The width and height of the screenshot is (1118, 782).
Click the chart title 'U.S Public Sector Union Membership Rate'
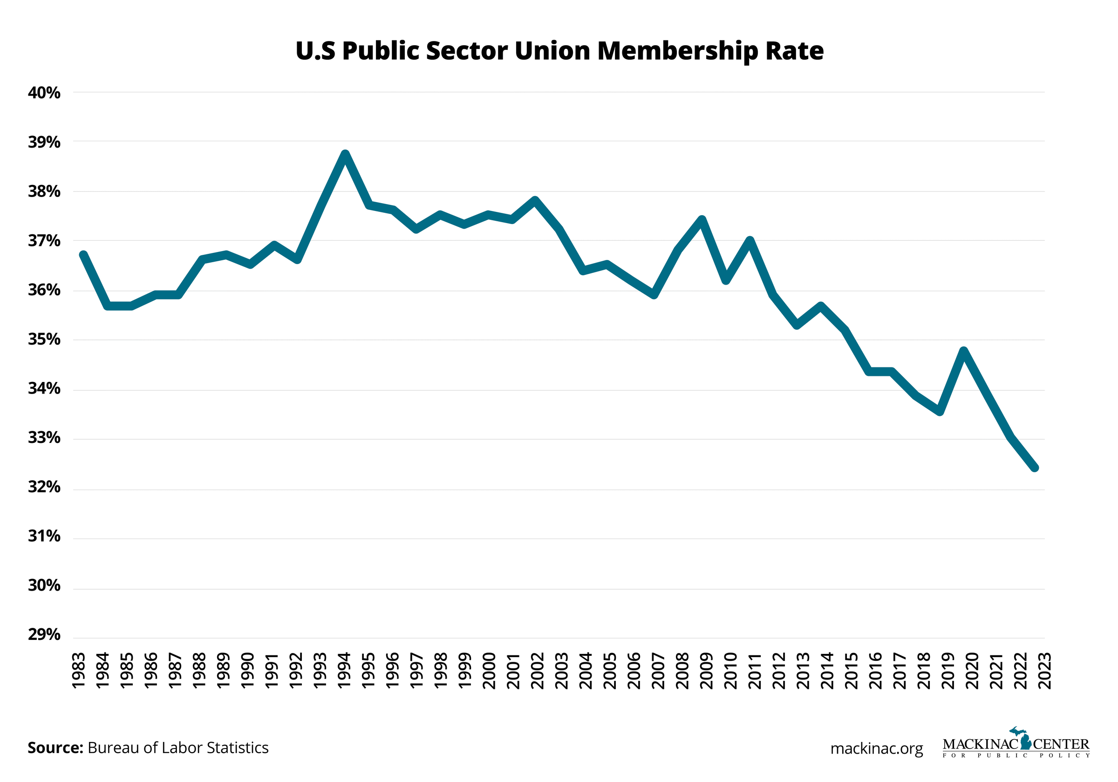559,51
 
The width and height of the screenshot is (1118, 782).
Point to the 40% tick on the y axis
44,93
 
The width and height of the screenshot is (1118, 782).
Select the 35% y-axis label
44,340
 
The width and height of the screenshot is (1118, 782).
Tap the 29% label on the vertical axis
44,635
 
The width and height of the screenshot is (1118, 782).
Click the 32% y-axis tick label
44,487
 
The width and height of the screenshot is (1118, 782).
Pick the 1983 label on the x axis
79,671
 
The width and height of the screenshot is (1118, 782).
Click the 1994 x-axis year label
345,671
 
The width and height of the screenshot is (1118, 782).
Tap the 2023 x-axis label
1044,671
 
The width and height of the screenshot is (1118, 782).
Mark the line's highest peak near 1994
345,155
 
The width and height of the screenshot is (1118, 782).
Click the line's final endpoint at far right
1035,468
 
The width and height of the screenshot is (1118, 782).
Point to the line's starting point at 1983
83,255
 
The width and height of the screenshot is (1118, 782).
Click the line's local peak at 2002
535,200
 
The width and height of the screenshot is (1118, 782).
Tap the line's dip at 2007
654,294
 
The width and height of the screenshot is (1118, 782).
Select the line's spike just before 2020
964,351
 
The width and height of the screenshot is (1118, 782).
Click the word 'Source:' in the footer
55,748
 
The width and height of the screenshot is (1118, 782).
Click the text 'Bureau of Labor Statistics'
178,748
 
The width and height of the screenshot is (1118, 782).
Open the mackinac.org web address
877,748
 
